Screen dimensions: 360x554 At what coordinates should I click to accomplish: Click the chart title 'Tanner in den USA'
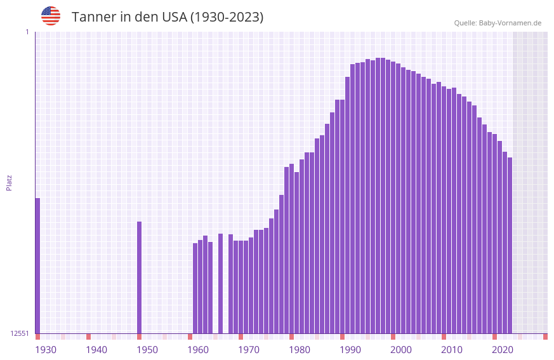coord(168,17)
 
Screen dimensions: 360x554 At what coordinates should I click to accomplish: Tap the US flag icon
coord(51,16)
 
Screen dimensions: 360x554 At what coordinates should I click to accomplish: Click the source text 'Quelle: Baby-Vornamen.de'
coord(498,23)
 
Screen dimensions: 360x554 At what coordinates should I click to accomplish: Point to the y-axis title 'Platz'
coord(9,182)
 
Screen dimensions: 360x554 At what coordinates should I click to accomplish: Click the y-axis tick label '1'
coord(27,32)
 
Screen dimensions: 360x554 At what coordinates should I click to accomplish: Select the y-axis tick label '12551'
coord(20,333)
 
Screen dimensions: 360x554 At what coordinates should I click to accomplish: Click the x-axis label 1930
coord(46,350)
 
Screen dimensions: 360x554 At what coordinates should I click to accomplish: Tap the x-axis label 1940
coord(96,350)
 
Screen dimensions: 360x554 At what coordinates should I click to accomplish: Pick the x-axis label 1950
coord(147,350)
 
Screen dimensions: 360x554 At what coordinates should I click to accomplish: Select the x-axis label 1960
coord(198,350)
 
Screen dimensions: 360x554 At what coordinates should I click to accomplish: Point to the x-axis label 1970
coord(249,350)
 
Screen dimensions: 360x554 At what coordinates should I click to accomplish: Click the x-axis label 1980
coord(300,350)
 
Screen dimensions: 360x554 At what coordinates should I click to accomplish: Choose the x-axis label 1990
coord(350,350)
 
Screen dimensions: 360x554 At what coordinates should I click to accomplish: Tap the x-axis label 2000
coord(401,350)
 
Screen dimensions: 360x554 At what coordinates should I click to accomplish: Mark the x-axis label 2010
coord(452,350)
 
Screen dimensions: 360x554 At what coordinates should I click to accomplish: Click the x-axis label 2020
coord(503,350)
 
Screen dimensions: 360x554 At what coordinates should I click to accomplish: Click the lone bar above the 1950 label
coord(139,277)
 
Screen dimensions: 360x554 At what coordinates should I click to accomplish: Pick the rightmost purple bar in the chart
coord(510,245)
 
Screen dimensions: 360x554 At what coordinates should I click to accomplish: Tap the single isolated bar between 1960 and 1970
coord(220,283)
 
